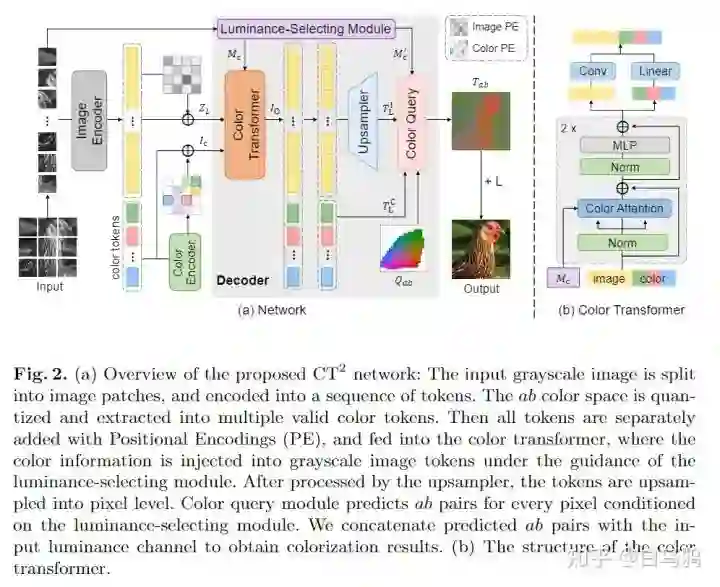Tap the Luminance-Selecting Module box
point(304,28)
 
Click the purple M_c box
point(561,278)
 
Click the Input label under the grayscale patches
point(49,287)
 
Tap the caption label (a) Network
point(271,310)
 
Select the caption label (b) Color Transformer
point(621,310)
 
